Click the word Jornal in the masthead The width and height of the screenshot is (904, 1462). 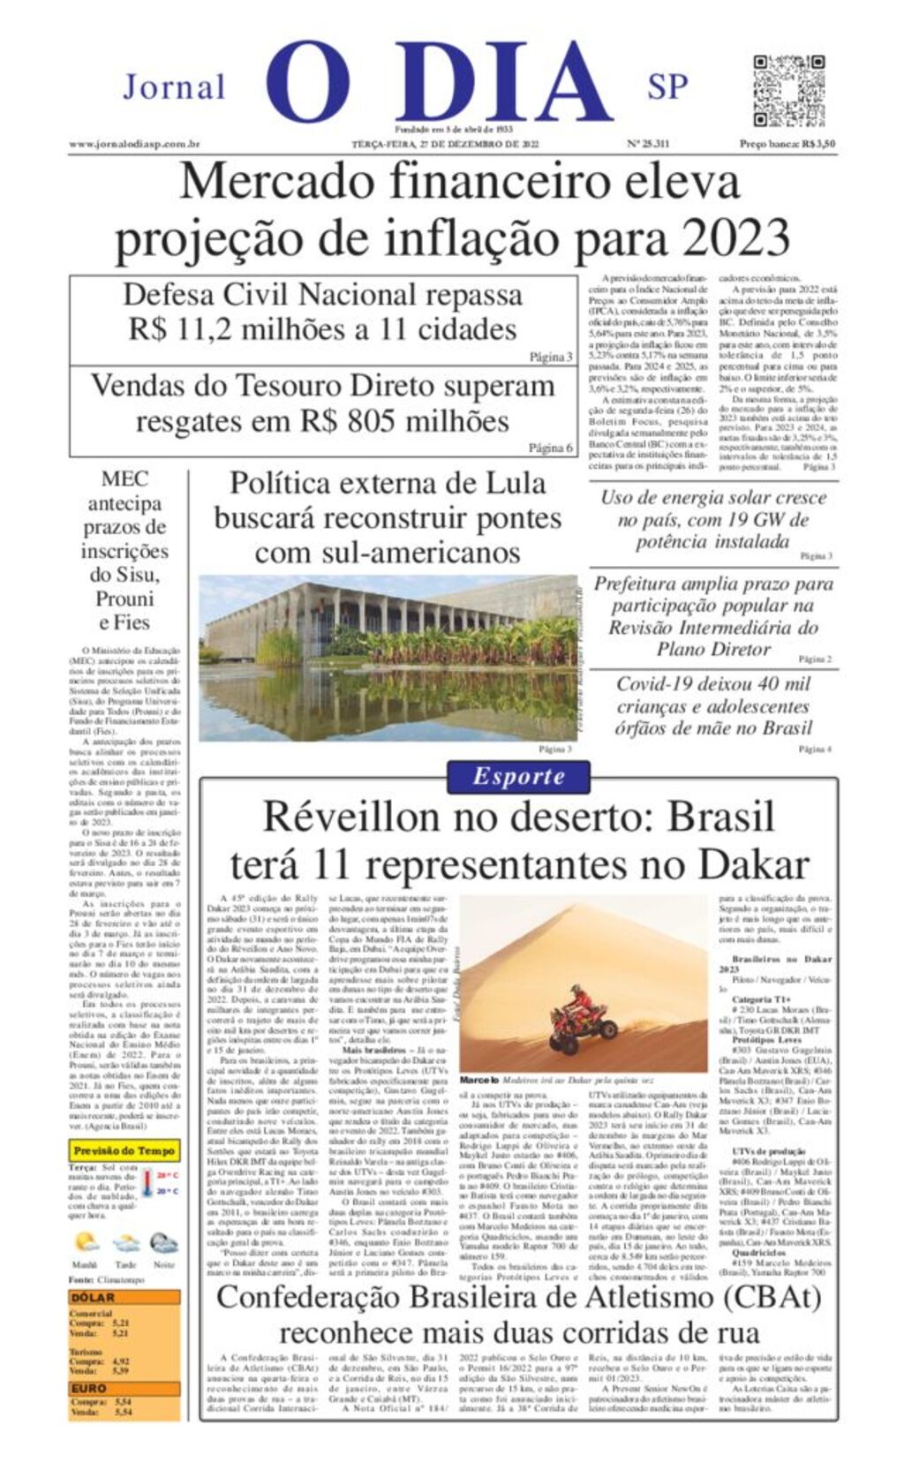[174, 87]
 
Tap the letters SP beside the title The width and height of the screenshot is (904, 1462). [667, 87]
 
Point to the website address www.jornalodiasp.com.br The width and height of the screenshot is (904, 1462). [134, 144]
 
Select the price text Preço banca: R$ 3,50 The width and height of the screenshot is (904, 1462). [787, 144]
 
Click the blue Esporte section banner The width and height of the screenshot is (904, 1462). [518, 777]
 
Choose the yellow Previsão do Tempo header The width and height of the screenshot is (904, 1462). [124, 1151]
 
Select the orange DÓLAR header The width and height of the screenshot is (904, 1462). [94, 1298]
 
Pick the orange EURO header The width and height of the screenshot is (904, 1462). [89, 1388]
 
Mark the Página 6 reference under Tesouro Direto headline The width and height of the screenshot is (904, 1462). [550, 448]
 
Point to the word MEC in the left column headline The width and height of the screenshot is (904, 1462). [124, 479]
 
